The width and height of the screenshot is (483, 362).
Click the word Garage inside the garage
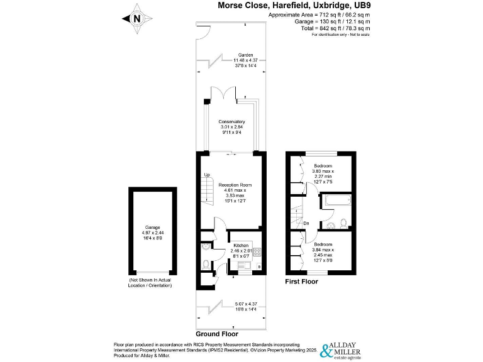(x=153, y=227)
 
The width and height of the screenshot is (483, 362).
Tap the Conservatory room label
(x=231, y=121)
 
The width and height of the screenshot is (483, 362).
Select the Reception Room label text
(x=235, y=185)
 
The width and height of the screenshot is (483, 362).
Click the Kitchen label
(x=242, y=245)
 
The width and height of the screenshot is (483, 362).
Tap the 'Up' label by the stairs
(x=206, y=175)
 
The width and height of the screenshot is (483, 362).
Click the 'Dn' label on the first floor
(x=306, y=222)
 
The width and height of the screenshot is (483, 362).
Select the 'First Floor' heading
(x=302, y=282)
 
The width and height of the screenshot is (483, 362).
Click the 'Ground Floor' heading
(x=217, y=334)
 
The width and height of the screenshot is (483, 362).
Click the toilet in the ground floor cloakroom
(x=207, y=263)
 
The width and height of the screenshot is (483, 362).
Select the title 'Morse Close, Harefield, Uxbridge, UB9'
(x=294, y=5)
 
